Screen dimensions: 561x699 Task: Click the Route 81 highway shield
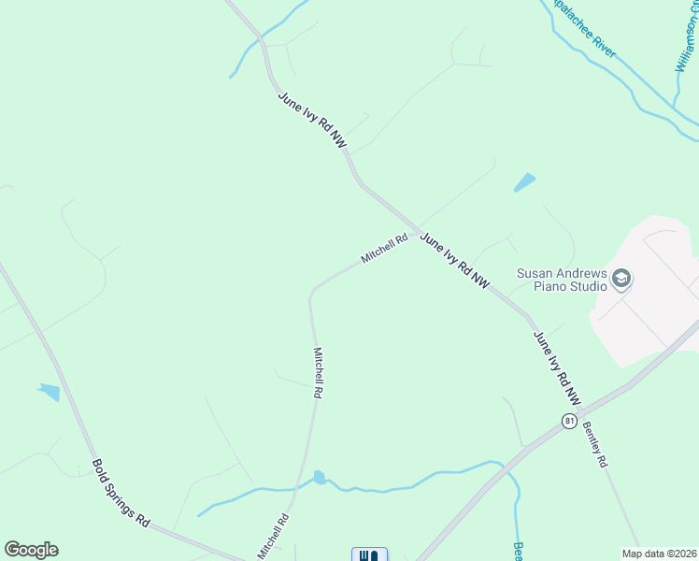coord(569,422)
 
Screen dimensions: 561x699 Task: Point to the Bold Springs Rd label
coord(121,492)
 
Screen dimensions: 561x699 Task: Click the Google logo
coord(32,550)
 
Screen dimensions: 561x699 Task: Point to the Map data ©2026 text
coord(659,554)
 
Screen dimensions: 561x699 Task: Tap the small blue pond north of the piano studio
coord(525,182)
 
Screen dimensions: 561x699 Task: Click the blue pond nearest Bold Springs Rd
coord(49,392)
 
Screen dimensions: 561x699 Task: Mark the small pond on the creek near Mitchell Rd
coord(320,478)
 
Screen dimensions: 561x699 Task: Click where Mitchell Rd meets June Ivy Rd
coord(416,232)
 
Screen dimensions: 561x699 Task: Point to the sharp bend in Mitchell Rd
coord(311,295)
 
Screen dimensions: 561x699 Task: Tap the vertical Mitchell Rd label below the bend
coord(318,374)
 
